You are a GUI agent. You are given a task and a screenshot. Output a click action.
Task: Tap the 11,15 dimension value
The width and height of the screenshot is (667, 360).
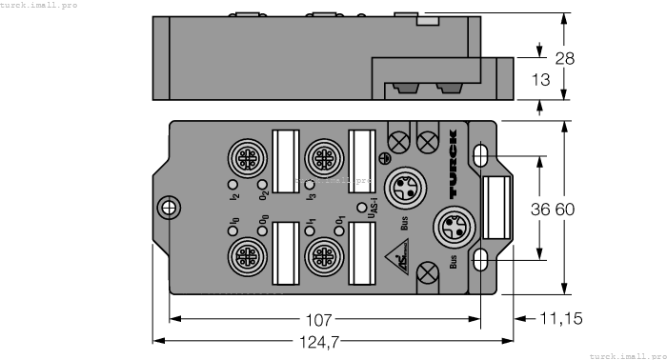pos(562,319)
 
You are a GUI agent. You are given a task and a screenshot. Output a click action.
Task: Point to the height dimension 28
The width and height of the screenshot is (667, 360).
pos(564,58)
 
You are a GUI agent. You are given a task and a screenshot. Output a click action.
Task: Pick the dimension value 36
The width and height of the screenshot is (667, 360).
pos(541,210)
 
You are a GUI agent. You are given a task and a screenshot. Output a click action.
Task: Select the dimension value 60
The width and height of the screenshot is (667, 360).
pos(566,210)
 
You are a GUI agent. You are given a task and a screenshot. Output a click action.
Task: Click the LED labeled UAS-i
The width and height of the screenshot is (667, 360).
pos(360,207)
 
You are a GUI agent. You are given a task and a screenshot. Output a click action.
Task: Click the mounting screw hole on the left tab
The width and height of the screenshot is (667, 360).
pos(169,207)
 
